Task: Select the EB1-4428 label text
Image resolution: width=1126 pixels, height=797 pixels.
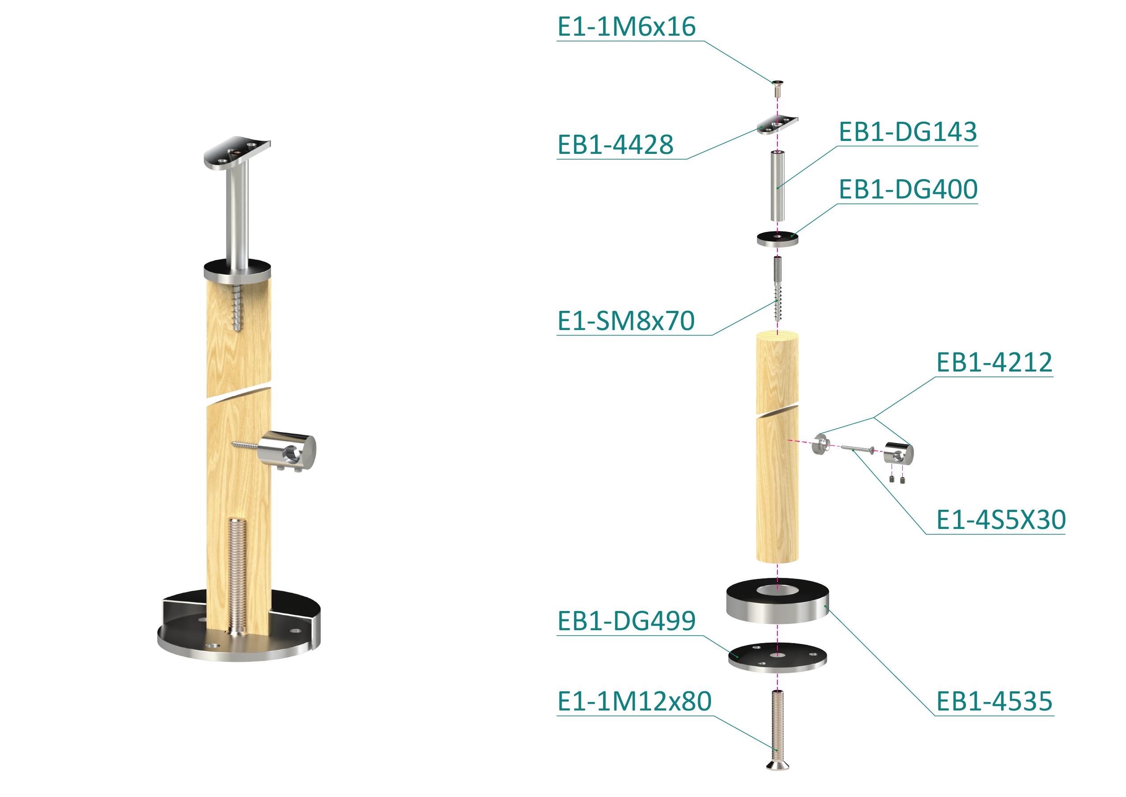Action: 615,145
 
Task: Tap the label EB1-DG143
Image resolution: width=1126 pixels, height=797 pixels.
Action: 907,132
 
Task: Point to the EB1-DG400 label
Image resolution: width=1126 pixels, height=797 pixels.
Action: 907,190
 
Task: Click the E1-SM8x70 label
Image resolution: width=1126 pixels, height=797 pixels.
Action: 626,321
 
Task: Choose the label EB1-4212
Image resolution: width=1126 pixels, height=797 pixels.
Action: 994,363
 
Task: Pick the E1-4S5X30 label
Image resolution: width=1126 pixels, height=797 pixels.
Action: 1000,520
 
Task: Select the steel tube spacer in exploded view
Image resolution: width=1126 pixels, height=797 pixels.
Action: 777,186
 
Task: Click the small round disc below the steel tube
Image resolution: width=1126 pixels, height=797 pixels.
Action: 777,240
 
